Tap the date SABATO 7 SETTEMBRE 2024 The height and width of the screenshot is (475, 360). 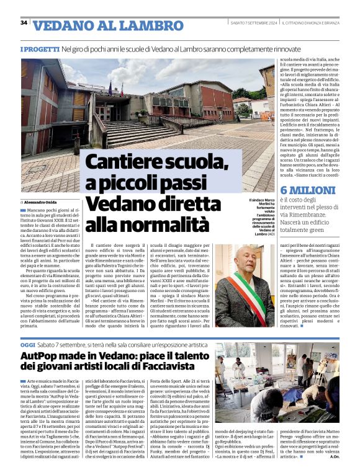point(254,23)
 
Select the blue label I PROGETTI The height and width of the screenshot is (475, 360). point(40,48)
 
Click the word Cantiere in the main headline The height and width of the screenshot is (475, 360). point(119,162)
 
